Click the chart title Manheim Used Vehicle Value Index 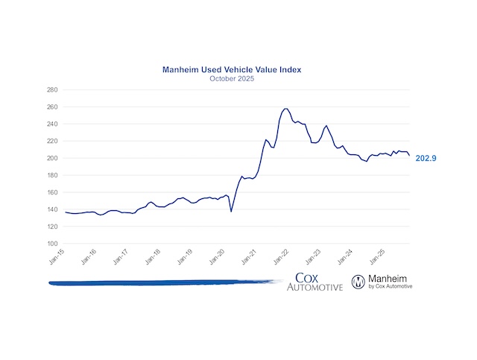click(238, 69)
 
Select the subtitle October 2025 click(238, 78)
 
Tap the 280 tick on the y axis click(52, 89)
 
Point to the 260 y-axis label click(52, 107)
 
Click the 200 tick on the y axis click(52, 158)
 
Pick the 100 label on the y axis click(52, 244)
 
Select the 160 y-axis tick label click(52, 192)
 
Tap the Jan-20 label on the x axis click(218, 256)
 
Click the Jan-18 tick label click(154, 256)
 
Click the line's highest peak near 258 click(286, 109)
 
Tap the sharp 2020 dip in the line click(231, 211)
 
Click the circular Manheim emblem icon click(358, 281)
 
